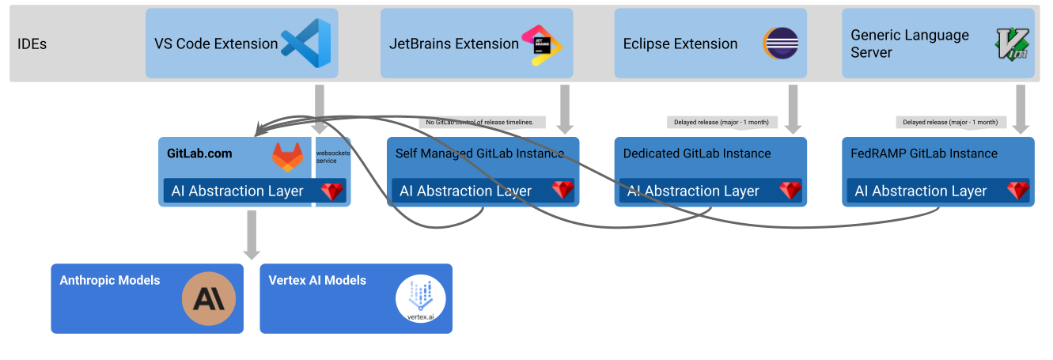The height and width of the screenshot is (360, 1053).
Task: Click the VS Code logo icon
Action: (306, 44)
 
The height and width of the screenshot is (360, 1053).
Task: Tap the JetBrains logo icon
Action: (542, 44)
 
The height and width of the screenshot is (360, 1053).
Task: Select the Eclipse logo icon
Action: (781, 44)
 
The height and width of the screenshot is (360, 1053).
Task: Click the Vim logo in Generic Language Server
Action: (1012, 44)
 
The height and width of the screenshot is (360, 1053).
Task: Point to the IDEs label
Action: (32, 44)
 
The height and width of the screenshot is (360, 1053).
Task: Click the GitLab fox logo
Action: (287, 157)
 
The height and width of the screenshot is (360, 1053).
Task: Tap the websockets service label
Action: (332, 156)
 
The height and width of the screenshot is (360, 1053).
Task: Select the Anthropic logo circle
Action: (209, 298)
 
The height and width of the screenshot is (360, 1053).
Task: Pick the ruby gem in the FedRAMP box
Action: (1018, 191)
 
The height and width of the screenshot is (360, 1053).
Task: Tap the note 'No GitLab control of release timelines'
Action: (480, 123)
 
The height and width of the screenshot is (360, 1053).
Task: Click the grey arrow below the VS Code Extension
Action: (320, 109)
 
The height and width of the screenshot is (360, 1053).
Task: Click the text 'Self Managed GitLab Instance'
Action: (480, 153)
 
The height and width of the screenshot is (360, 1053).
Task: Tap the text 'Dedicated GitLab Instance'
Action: (697, 153)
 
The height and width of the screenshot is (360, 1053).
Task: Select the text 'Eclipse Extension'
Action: (680, 44)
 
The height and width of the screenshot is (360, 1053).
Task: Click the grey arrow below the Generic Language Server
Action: (1021, 109)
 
